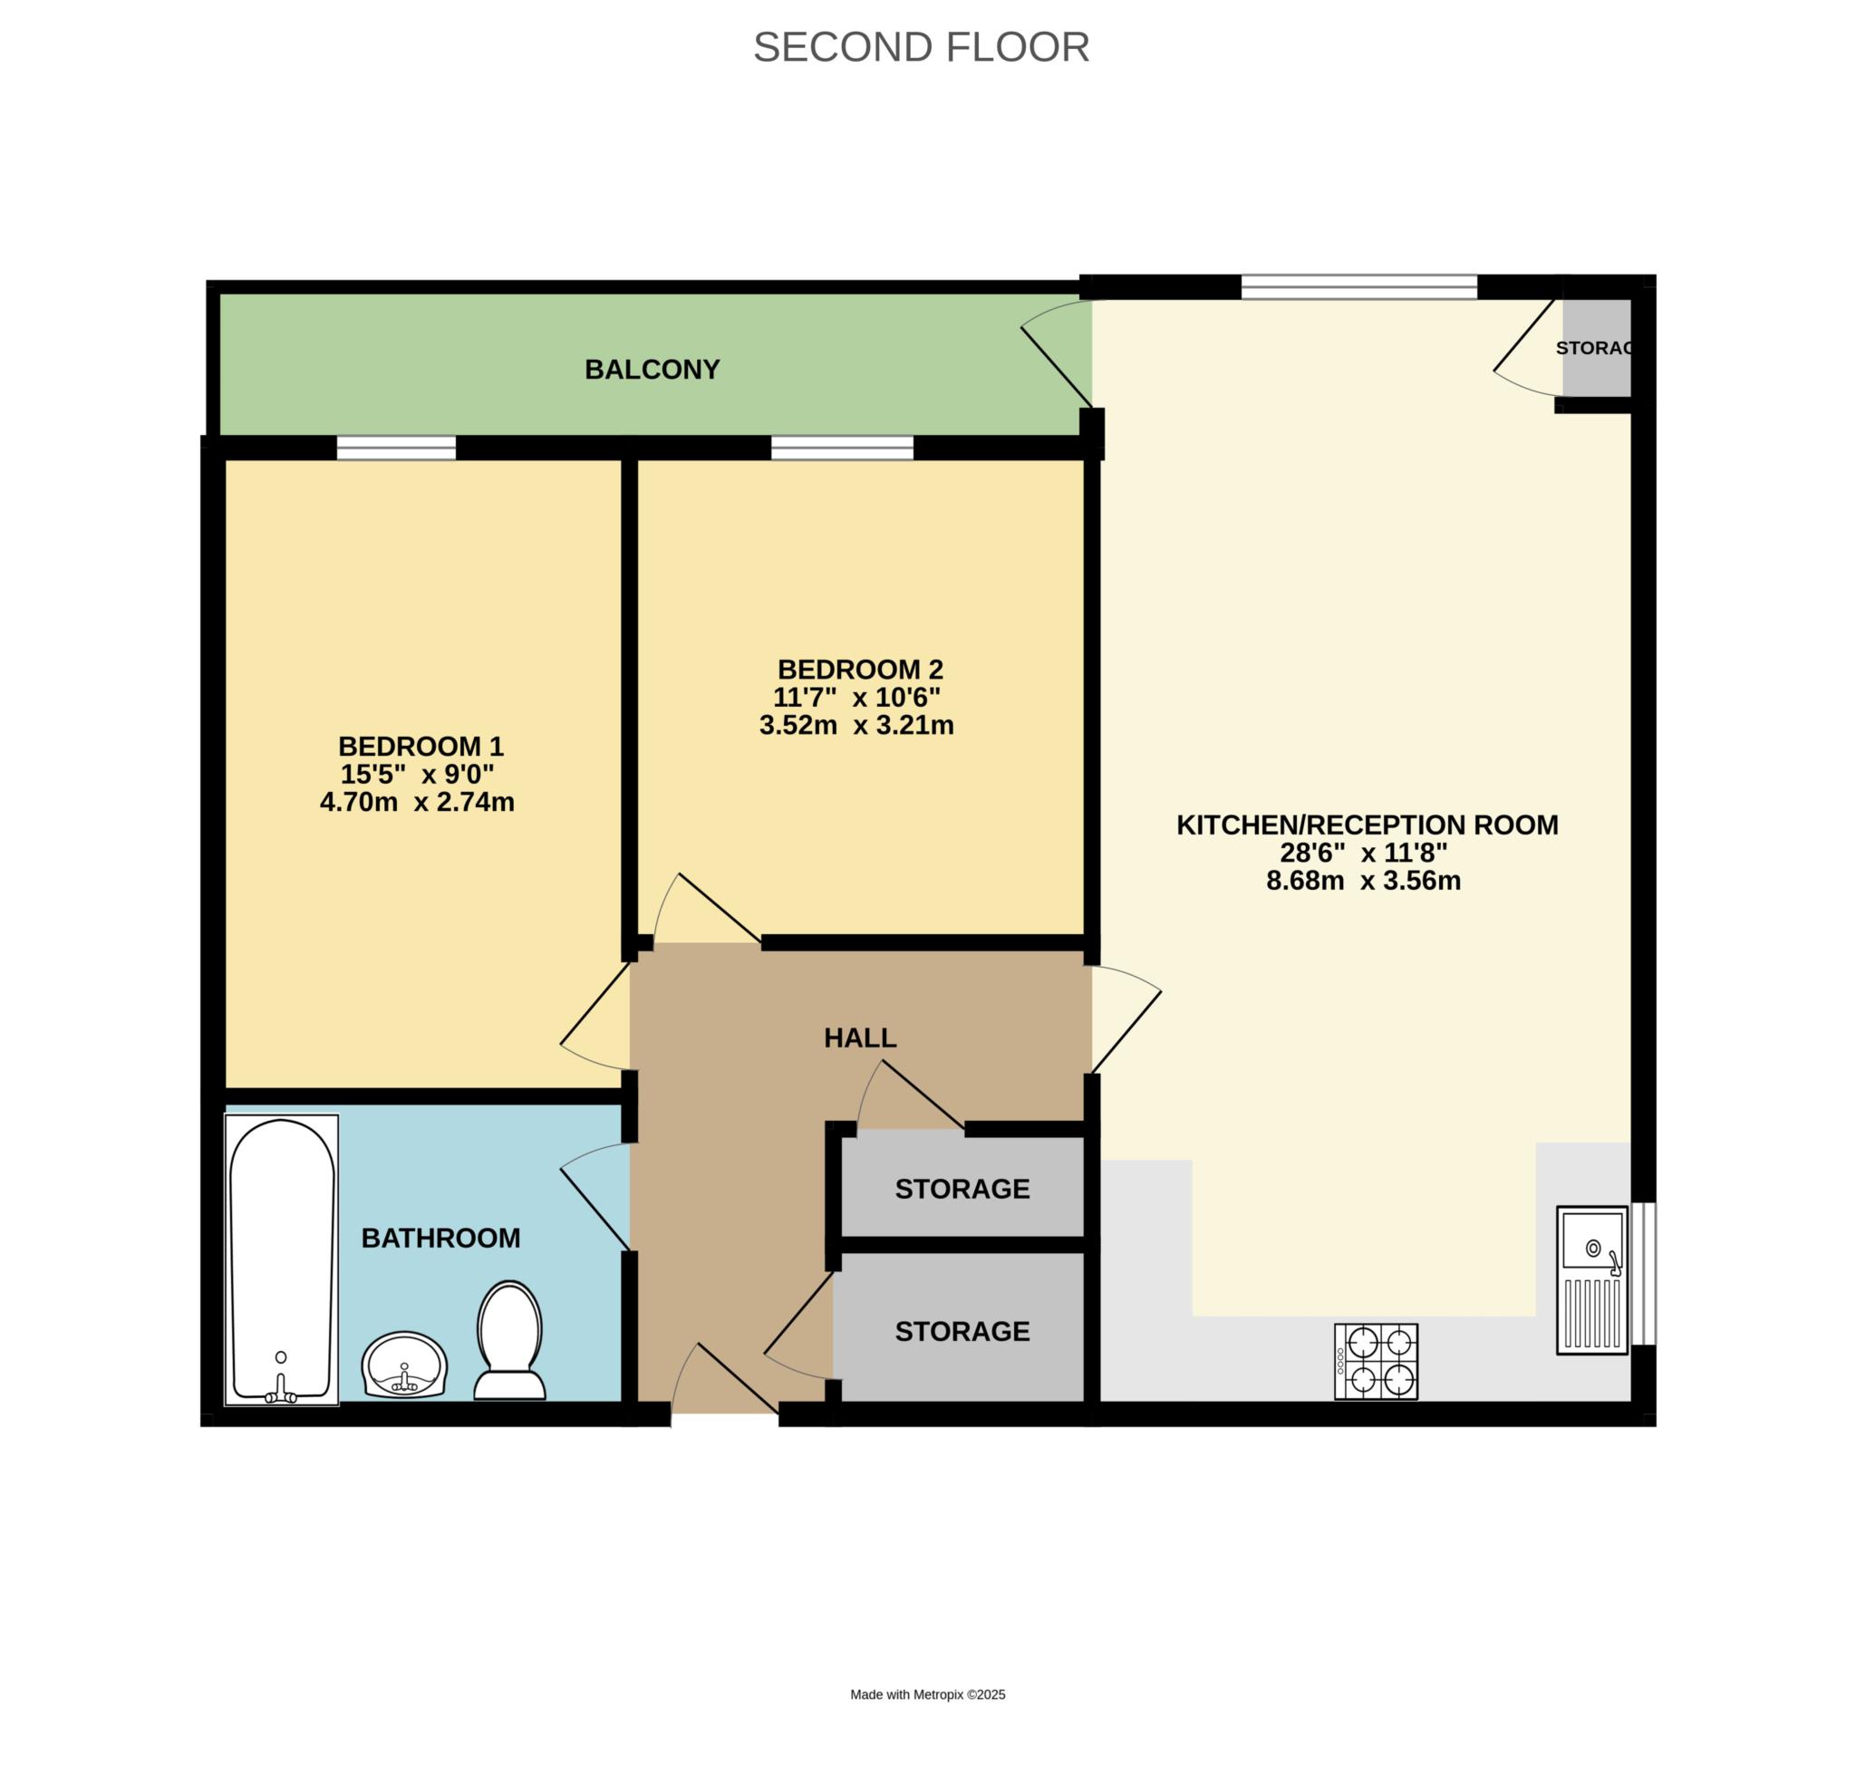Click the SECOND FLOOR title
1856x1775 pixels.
pos(920,47)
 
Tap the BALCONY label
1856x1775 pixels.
pos(652,369)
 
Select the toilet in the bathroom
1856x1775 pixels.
pos(509,1340)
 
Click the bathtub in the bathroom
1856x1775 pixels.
pos(281,1259)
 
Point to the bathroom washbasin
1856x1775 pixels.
pos(404,1365)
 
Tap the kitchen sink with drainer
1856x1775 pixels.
pos(1592,1279)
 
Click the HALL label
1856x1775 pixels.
pos(859,1038)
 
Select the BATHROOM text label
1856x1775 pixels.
pos(441,1238)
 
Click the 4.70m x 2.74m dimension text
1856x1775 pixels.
pos(418,803)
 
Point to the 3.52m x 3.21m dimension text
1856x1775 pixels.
pos(856,726)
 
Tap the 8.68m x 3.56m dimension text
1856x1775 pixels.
pos(1364,881)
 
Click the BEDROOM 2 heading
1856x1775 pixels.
pos(860,670)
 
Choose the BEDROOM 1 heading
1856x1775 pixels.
pos(421,747)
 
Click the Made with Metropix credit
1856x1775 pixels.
pos(927,1694)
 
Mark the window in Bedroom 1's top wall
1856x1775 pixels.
pos(397,448)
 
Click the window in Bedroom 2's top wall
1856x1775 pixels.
pos(842,448)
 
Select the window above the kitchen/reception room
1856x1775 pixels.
pos(1359,286)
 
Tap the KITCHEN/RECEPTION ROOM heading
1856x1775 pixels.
pos(1367,825)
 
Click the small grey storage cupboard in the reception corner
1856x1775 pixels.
pos(1597,348)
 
